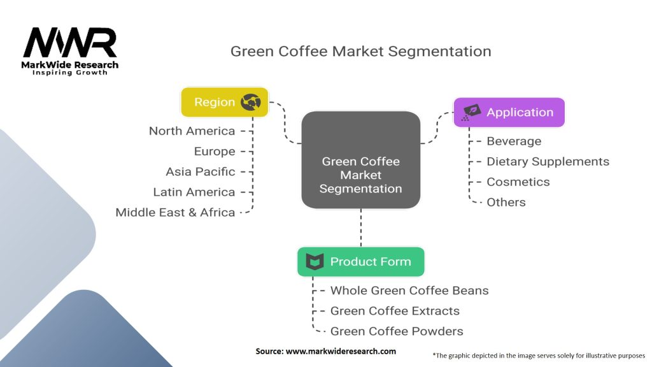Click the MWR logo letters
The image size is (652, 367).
(x=70, y=43)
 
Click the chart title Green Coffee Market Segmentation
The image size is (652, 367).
(x=360, y=52)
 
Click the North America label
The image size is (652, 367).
(x=192, y=131)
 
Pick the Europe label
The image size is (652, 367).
(x=215, y=152)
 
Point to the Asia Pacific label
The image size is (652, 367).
(x=200, y=172)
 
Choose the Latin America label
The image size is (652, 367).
(x=194, y=192)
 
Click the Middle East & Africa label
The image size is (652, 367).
(x=175, y=213)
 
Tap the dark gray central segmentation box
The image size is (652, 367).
(x=360, y=160)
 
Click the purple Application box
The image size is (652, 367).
(x=509, y=112)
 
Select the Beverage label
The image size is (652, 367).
(x=513, y=141)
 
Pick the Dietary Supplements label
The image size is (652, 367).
(x=548, y=162)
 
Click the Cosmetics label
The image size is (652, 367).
(x=518, y=182)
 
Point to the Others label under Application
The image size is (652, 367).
(x=506, y=203)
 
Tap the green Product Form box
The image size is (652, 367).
(x=360, y=262)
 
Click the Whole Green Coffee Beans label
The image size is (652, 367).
(x=409, y=291)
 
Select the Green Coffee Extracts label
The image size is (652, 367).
(x=394, y=311)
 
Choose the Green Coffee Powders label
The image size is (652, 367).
(x=396, y=331)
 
